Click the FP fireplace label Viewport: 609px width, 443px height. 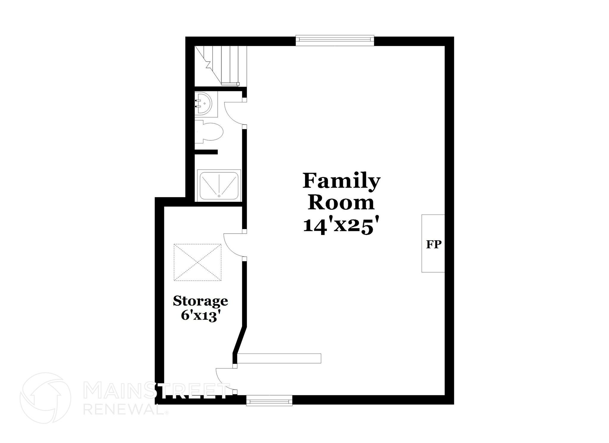(x=434, y=245)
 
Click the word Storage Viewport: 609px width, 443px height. (x=200, y=301)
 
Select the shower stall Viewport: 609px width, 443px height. (x=220, y=185)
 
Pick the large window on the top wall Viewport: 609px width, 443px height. (x=335, y=41)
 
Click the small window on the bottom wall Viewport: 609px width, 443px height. (x=269, y=400)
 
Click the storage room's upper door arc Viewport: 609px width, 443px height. (x=233, y=245)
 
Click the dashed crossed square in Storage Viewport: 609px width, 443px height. (x=197, y=262)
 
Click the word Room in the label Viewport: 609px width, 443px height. (x=341, y=203)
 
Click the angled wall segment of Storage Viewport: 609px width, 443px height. (x=240, y=340)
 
